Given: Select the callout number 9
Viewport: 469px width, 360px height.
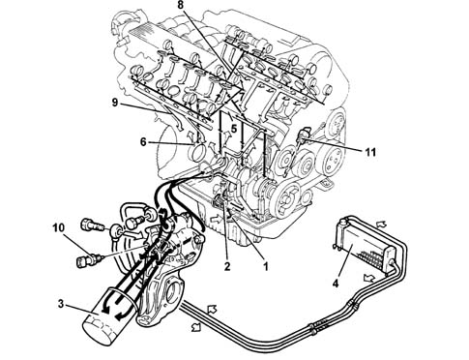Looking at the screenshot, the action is point(116,103).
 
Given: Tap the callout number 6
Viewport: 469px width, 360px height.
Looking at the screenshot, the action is point(144,142).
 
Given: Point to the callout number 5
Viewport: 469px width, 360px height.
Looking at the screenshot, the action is point(234,129).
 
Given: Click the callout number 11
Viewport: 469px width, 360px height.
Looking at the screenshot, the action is point(370,152).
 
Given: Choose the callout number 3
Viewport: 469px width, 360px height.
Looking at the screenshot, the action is point(61,304).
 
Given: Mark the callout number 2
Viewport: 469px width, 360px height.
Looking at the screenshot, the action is point(227,266).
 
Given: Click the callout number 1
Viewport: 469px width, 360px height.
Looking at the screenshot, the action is point(266,266).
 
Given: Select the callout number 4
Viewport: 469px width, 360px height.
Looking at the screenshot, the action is point(336,284).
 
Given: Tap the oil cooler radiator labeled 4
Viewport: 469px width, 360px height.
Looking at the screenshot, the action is point(366,240).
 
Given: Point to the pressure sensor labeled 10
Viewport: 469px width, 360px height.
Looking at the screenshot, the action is point(90,259).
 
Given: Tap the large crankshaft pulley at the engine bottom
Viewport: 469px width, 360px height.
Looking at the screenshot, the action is point(288,198).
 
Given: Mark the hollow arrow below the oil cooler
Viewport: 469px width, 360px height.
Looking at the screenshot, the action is point(369,277).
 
